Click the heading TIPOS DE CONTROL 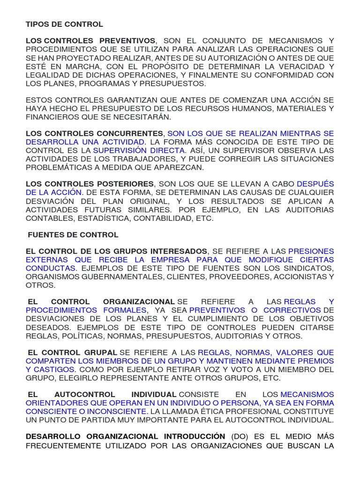(x=64, y=24)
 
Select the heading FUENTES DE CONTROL (x=73, y=234)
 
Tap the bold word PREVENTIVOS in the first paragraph (x=127, y=41)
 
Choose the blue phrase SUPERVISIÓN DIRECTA (x=140, y=150)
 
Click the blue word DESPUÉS (x=316, y=184)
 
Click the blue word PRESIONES (x=311, y=251)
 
